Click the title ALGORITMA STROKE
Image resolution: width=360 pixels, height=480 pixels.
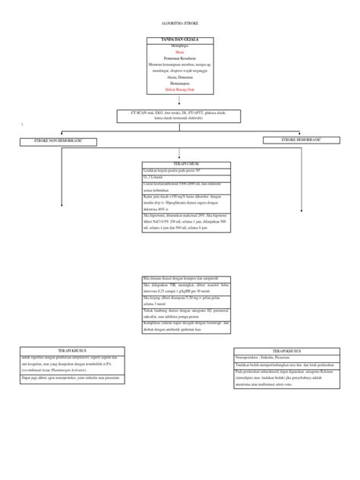pyautogui.click(x=179, y=23)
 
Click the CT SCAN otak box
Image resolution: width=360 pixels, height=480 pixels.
pyautogui.click(x=179, y=115)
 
